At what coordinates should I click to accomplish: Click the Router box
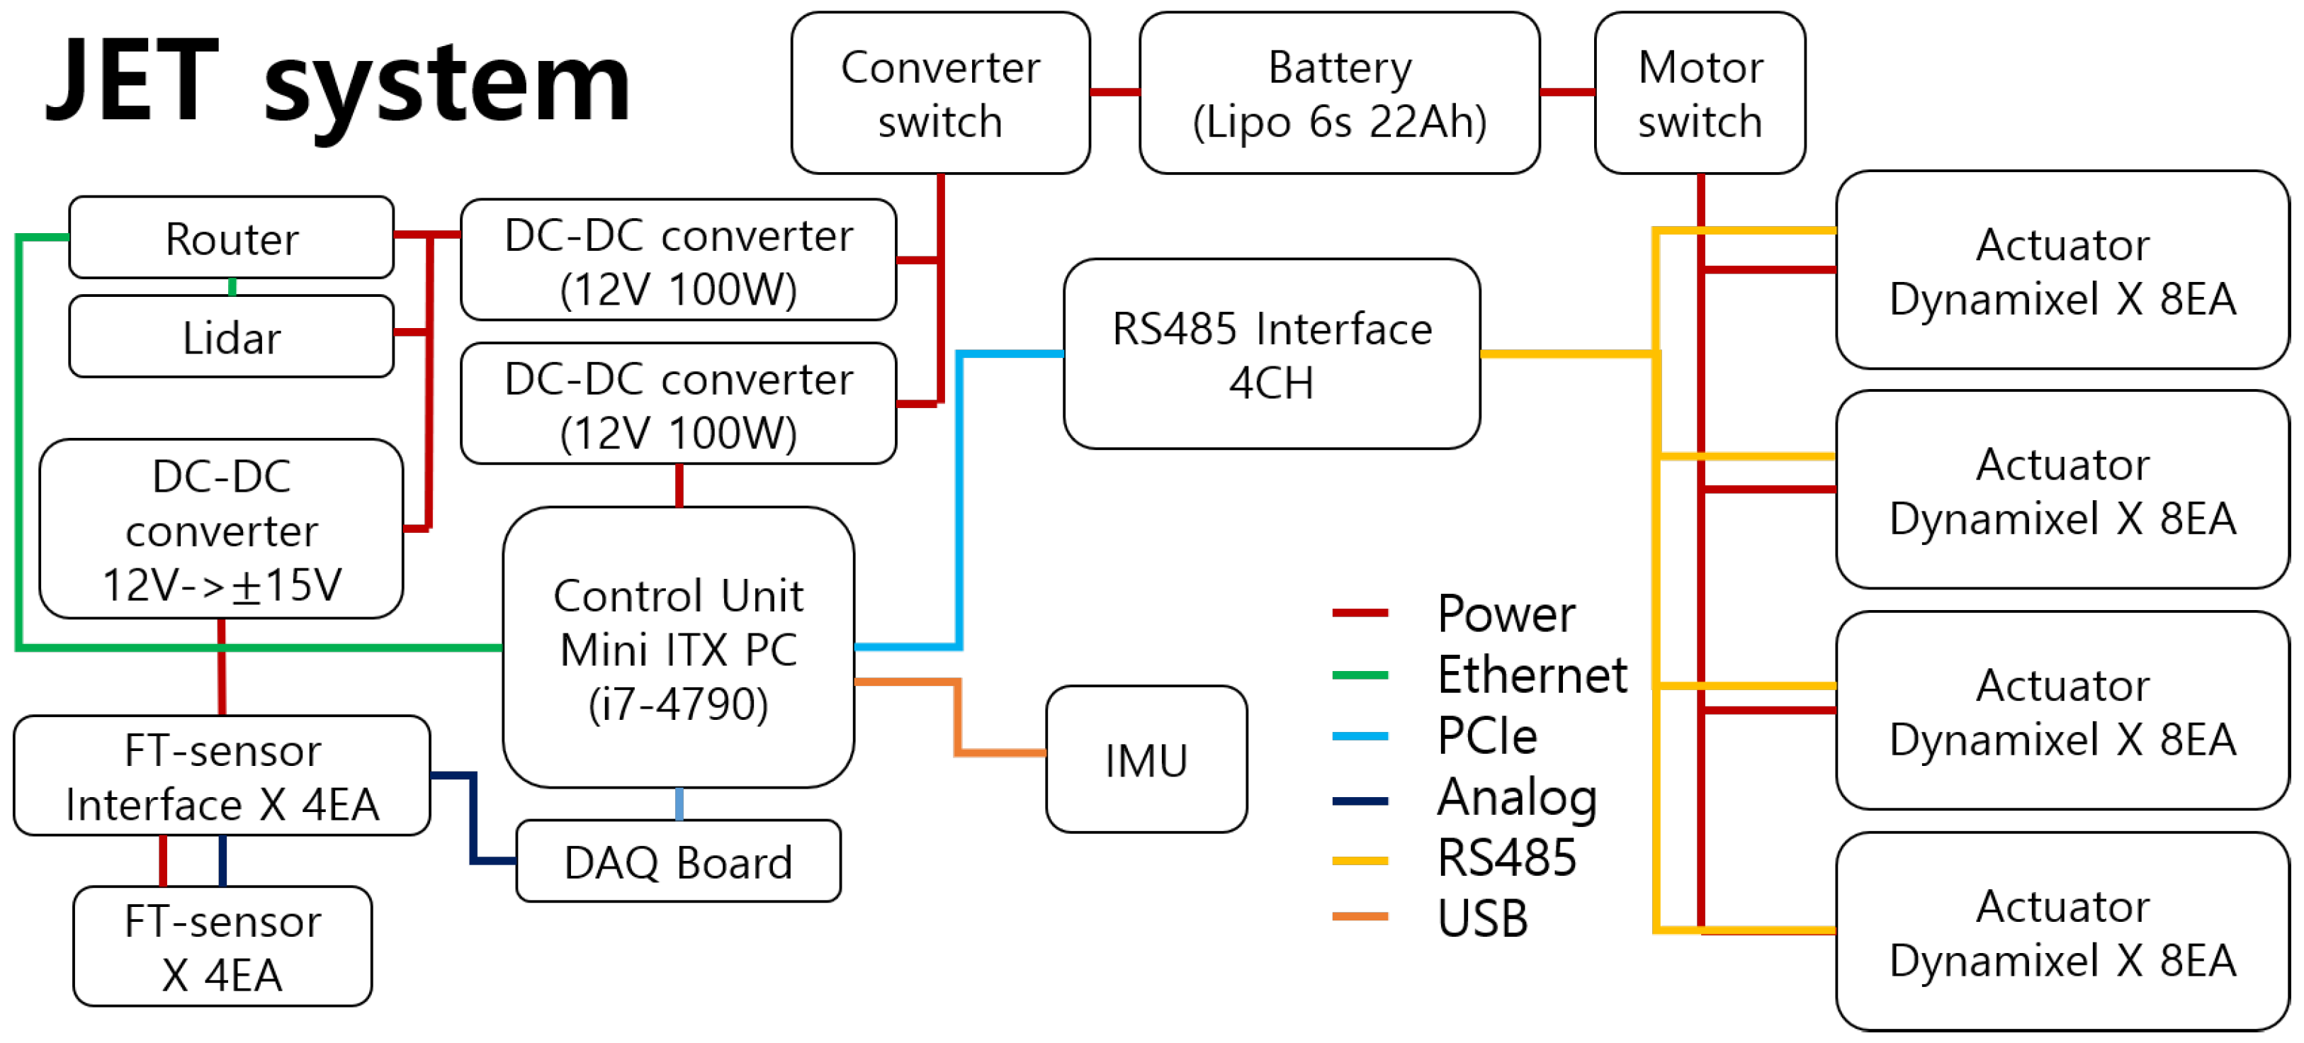pyautogui.click(x=231, y=238)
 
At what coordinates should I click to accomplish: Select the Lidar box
pyautogui.click(x=231, y=337)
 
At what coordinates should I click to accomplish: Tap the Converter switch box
pyautogui.click(x=940, y=93)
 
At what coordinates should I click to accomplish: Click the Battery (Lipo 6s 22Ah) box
pyautogui.click(x=1339, y=93)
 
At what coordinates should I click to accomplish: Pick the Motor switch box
pyautogui.click(x=1700, y=93)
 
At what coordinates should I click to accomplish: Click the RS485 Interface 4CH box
pyautogui.click(x=1271, y=354)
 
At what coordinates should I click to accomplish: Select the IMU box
pyautogui.click(x=1146, y=760)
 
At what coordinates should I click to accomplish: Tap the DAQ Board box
pyautogui.click(x=678, y=862)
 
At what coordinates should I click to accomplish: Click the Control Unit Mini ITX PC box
pyautogui.click(x=678, y=648)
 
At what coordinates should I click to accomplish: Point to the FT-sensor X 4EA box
pyautogui.click(x=222, y=947)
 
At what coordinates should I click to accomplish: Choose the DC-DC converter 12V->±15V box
pyautogui.click(x=221, y=529)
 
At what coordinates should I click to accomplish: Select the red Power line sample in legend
pyautogui.click(x=1360, y=614)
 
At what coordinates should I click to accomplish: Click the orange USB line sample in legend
pyautogui.click(x=1360, y=917)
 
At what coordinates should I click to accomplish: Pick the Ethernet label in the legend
pyautogui.click(x=1531, y=675)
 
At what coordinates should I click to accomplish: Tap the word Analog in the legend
pyautogui.click(x=1517, y=797)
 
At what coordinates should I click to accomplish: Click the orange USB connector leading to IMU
pyautogui.click(x=958, y=716)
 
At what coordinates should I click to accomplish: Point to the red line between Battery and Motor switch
pyautogui.click(x=1567, y=92)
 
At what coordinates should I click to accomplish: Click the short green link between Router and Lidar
pyautogui.click(x=232, y=287)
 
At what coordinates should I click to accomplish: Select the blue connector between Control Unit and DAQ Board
pyautogui.click(x=679, y=804)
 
